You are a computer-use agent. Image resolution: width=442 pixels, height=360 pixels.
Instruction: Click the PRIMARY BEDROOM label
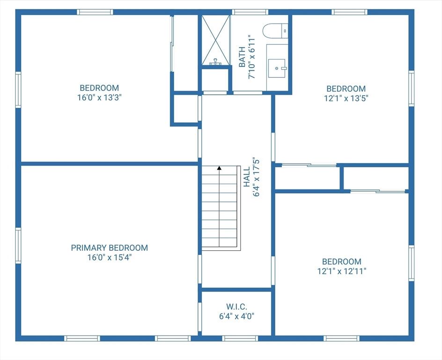[110, 247]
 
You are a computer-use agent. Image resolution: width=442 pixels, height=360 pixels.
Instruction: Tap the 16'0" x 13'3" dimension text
[100, 97]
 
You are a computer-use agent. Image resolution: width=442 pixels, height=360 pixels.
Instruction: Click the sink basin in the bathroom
[277, 68]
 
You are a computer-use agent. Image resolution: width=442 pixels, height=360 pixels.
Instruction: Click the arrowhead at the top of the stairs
[219, 168]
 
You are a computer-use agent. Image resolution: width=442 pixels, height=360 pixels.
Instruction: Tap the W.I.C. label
[236, 307]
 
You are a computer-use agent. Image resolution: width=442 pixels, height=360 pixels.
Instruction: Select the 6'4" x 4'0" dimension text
[237, 316]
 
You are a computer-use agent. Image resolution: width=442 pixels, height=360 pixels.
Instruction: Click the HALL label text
[247, 177]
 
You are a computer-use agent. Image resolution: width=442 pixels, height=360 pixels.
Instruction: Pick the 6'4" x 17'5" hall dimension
[256, 177]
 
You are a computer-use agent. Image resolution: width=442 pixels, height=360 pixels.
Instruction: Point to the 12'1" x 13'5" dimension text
[346, 98]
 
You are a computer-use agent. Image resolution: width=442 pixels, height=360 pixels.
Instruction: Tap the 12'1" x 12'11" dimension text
[342, 271]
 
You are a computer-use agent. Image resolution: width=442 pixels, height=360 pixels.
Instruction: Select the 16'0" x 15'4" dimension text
[110, 257]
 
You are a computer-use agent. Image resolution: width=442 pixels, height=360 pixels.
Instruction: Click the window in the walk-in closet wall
[240, 338]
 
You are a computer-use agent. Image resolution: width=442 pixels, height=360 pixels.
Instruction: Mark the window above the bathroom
[250, 12]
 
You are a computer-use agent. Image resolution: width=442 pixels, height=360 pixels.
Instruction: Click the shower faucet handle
[215, 62]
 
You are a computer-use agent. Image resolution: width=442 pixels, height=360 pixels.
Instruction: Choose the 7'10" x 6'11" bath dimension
[251, 57]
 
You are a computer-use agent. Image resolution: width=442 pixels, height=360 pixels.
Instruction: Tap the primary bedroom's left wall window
[18, 246]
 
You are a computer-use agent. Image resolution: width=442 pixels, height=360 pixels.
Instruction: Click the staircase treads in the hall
[219, 208]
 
